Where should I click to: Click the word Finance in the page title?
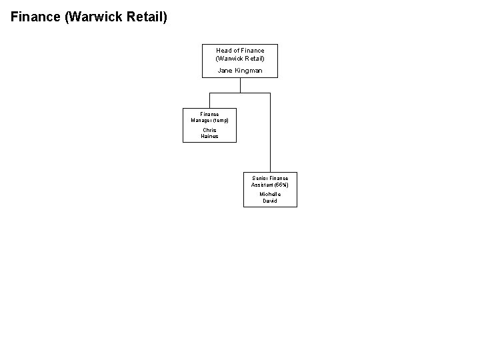35,16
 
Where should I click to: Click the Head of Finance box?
240,61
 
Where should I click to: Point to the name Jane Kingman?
240,71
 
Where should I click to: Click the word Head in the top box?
223,51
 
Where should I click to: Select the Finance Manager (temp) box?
210,125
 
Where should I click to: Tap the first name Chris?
210,130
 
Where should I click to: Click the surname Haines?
210,136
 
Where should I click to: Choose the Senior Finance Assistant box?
270,189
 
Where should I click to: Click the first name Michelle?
270,194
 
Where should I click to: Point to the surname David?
270,201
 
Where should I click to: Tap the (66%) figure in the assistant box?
280,184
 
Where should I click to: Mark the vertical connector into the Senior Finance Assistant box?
270,133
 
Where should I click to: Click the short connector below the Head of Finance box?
240,85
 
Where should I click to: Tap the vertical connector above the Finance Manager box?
210,100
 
